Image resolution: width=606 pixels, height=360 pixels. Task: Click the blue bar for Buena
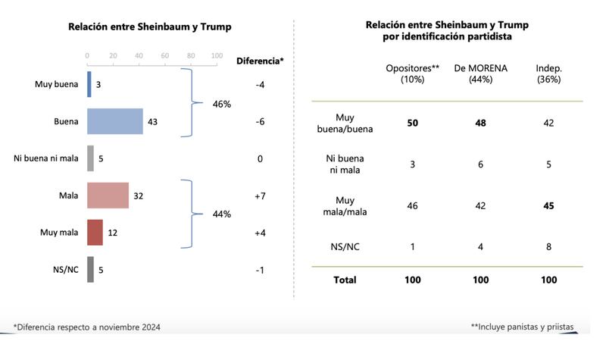coord(115,121)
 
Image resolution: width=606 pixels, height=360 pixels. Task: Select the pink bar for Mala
coord(108,196)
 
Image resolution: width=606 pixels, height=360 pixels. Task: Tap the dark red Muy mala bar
coord(95,233)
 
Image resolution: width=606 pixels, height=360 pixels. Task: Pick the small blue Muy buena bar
coord(89,84)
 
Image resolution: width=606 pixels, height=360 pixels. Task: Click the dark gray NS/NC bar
coord(90,269)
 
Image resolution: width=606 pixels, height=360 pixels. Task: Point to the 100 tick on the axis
coord(217,55)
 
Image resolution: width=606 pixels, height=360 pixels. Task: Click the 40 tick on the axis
coord(139,55)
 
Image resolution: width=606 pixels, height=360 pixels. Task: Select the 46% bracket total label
coord(221,103)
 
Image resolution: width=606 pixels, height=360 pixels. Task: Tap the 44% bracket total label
coord(221,214)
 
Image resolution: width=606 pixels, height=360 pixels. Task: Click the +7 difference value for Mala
coord(260,196)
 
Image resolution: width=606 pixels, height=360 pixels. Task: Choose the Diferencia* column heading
coord(260,61)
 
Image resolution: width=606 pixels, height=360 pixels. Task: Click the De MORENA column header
coord(480,74)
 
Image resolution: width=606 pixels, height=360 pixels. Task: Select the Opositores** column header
coord(413,74)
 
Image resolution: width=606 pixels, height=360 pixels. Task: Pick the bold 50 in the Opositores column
coord(413,122)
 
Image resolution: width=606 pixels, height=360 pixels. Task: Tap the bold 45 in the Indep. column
coord(548,206)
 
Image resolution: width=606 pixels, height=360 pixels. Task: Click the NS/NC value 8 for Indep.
coord(548,246)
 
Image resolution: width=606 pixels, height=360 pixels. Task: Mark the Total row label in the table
coord(345,280)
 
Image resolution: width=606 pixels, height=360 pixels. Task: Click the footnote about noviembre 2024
coord(86,327)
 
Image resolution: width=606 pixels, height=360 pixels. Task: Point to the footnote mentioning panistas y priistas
coord(522,327)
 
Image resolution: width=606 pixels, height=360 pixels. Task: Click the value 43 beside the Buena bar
coord(152,121)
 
